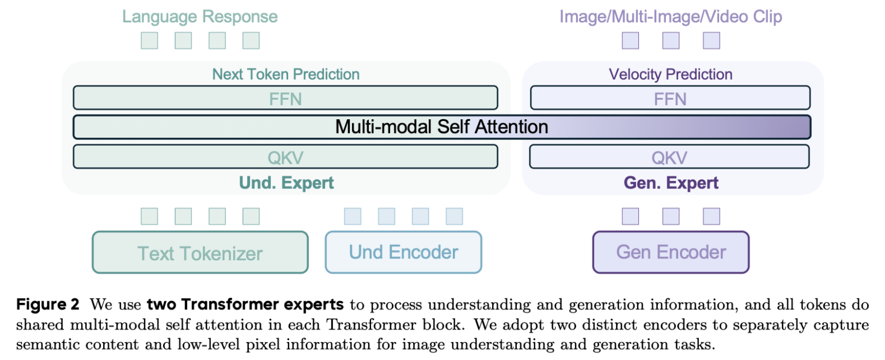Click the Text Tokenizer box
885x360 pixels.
tap(200, 252)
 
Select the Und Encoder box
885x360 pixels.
tap(403, 252)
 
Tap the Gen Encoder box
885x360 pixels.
tap(671, 252)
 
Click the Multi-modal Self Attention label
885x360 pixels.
tap(441, 127)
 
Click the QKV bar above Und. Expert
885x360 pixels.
tap(285, 157)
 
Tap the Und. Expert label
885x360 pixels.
tap(286, 184)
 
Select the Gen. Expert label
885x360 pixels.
tap(671, 184)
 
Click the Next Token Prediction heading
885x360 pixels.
tap(286, 74)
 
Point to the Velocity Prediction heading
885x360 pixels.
tap(671, 74)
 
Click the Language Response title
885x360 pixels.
tap(200, 16)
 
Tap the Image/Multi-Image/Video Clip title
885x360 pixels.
tap(671, 16)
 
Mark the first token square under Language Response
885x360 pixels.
tap(149, 41)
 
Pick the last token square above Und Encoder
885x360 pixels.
tap(454, 217)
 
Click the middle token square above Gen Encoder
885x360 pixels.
tap(671, 217)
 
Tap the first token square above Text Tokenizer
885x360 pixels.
tap(149, 217)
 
